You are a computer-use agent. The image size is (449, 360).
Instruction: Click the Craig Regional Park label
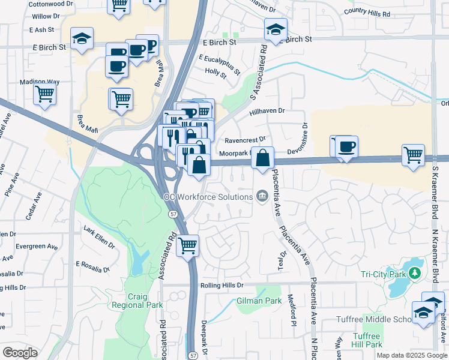pyautogui.click(x=145, y=301)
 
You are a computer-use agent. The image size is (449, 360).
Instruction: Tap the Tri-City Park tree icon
pyautogui.click(x=414, y=274)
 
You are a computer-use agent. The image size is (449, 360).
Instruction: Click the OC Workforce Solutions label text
pyautogui.click(x=208, y=197)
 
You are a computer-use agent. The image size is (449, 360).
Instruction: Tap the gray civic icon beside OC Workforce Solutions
pyautogui.click(x=262, y=196)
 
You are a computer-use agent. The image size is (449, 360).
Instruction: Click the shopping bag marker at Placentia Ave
pyautogui.click(x=262, y=158)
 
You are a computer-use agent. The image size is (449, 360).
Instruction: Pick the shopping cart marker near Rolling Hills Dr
pyautogui.click(x=188, y=245)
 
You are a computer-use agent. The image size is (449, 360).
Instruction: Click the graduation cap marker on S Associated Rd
pyautogui.click(x=276, y=29)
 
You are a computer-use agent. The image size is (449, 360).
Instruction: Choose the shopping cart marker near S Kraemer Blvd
pyautogui.click(x=414, y=155)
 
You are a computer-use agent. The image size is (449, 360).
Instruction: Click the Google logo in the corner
pyautogui.click(x=20, y=353)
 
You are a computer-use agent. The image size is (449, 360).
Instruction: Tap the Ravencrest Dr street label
pyautogui.click(x=245, y=140)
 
